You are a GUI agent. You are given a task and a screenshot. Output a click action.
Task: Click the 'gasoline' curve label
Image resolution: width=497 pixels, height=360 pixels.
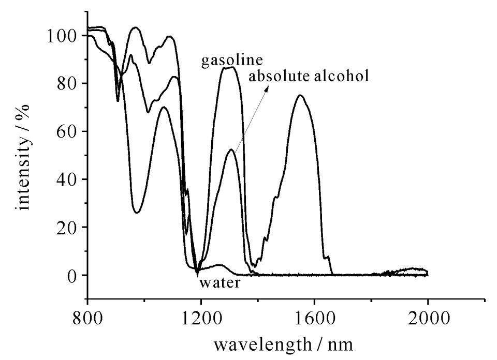(x=232, y=61)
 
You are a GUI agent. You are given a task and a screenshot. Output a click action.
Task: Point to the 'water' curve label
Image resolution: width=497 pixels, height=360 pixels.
(x=220, y=283)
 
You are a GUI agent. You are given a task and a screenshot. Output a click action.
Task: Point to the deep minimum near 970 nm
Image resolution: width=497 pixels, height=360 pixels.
(x=137, y=212)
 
